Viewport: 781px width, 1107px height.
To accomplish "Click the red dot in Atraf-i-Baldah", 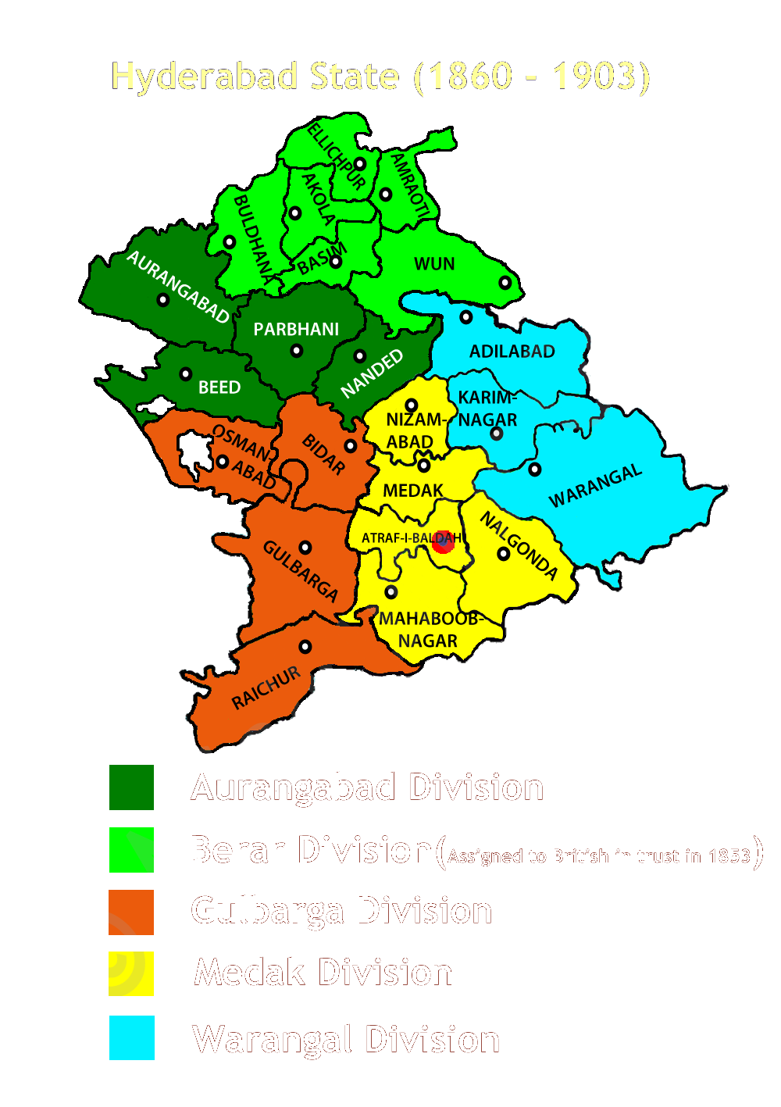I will click(444, 541).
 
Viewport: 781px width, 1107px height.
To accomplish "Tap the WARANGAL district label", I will click(595, 486).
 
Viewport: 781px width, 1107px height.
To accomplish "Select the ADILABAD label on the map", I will click(512, 352).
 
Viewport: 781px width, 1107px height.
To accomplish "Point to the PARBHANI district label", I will click(296, 330).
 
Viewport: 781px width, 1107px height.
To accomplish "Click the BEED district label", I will click(219, 387).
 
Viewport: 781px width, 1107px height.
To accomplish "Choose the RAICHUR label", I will click(266, 688).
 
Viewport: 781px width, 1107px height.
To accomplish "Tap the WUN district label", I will click(434, 264).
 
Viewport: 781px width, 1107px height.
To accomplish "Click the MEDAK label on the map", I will click(413, 491).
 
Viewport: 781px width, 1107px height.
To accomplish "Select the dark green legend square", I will click(131, 787).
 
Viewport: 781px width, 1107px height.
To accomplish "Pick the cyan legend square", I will click(131, 1037).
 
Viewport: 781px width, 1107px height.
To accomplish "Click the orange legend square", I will click(131, 912).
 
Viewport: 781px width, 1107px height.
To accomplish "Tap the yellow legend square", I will click(131, 973).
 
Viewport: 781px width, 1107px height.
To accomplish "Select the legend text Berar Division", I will click(311, 849).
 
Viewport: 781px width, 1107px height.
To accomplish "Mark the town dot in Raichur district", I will click(305, 647).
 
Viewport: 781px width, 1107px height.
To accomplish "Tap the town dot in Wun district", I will click(505, 283).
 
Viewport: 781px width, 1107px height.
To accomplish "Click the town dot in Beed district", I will click(186, 374).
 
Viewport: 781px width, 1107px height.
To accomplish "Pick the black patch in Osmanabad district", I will click(192, 453).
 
